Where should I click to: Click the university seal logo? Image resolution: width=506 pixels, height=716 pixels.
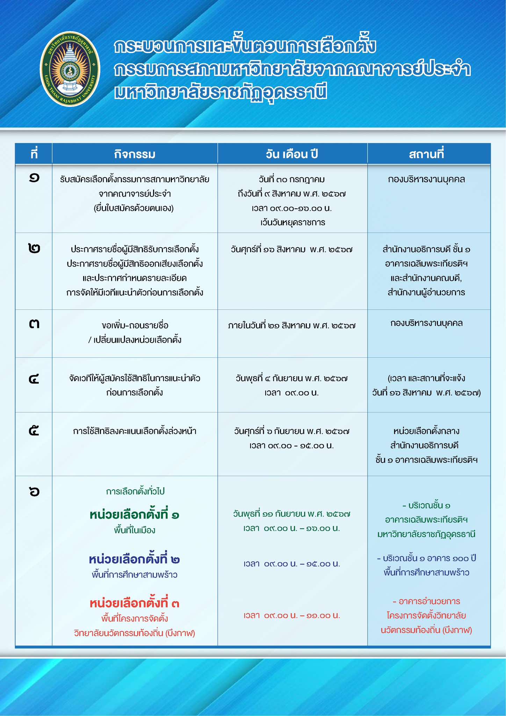(70, 69)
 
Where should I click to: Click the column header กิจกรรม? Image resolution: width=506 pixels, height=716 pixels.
(135, 154)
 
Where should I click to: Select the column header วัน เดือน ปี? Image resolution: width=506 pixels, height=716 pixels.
(292, 154)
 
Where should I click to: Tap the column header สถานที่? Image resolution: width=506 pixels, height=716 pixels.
(426, 154)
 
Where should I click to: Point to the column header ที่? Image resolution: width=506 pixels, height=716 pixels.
(34, 154)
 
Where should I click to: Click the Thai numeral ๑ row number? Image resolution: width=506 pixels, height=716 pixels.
(34, 178)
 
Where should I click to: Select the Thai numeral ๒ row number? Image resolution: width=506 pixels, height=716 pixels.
(34, 249)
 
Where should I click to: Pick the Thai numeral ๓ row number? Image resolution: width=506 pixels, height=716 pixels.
(34, 324)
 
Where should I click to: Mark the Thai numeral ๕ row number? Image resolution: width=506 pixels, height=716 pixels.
(34, 431)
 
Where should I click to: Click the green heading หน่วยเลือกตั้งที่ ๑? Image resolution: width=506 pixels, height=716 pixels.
(135, 515)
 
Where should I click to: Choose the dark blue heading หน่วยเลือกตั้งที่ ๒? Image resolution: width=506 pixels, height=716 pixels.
(135, 559)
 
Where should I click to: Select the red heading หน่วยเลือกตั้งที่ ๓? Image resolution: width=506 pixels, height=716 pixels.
(135, 603)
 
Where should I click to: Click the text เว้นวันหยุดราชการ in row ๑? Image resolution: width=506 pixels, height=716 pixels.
(292, 222)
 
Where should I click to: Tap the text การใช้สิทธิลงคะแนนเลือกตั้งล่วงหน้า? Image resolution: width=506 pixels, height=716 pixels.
(135, 431)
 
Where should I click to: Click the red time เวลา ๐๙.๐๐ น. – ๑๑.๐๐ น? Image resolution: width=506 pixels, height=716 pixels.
(292, 616)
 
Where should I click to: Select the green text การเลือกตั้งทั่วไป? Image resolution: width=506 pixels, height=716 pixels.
(135, 492)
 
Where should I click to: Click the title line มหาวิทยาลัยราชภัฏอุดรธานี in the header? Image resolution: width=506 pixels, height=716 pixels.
(221, 93)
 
